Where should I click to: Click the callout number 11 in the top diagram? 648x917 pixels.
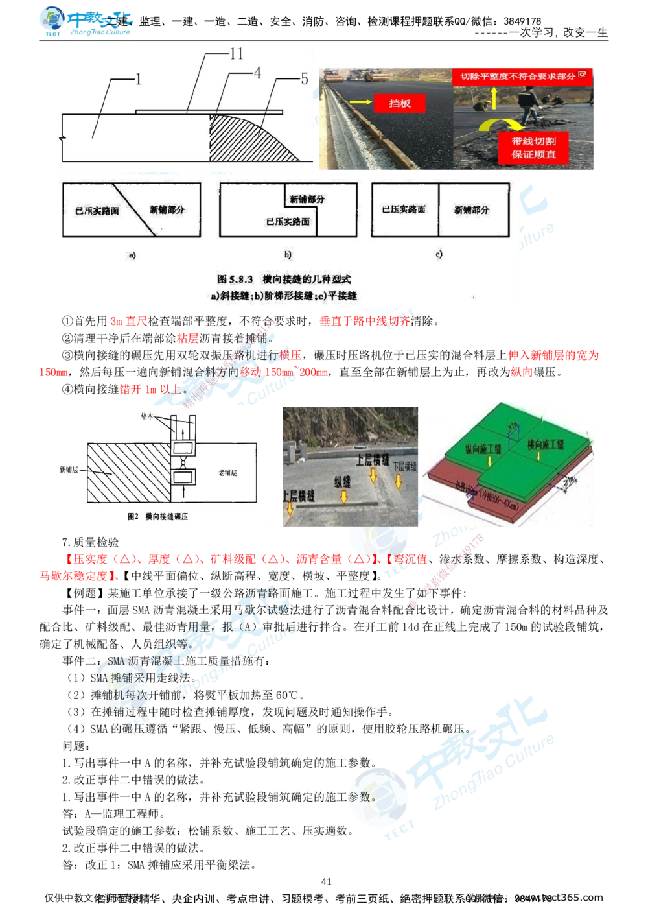236,53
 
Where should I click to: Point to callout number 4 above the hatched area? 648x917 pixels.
257,73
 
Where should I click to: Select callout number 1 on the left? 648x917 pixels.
138,79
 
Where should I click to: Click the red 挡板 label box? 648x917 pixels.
400,103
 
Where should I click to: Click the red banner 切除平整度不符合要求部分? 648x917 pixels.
522,76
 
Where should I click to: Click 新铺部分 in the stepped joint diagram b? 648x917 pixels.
307,199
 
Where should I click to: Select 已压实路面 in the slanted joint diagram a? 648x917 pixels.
93,211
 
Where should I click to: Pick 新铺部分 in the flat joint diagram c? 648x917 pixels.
472,210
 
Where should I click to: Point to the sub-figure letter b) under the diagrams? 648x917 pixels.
288,254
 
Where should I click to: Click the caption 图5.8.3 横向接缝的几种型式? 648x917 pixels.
284,279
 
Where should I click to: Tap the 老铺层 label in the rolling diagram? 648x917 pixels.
227,473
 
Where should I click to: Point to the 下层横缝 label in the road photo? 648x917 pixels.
404,466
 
